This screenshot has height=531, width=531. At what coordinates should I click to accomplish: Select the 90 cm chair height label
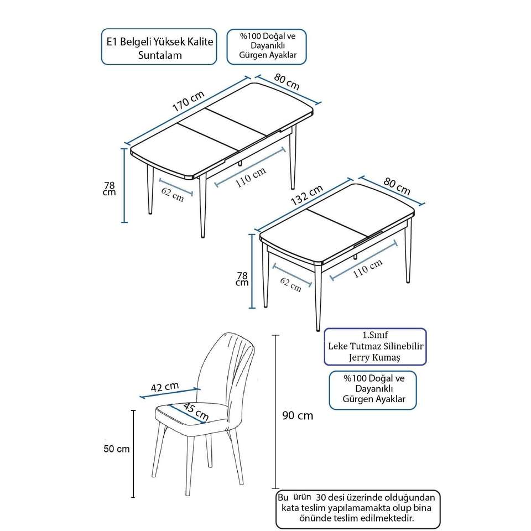point(298,415)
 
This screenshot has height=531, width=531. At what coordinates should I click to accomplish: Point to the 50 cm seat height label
point(117,449)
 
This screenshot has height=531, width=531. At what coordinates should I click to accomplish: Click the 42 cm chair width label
point(165,387)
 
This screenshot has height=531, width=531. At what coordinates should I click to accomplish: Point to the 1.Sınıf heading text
point(374,335)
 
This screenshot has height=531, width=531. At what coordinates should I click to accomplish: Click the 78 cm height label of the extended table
point(110,189)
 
